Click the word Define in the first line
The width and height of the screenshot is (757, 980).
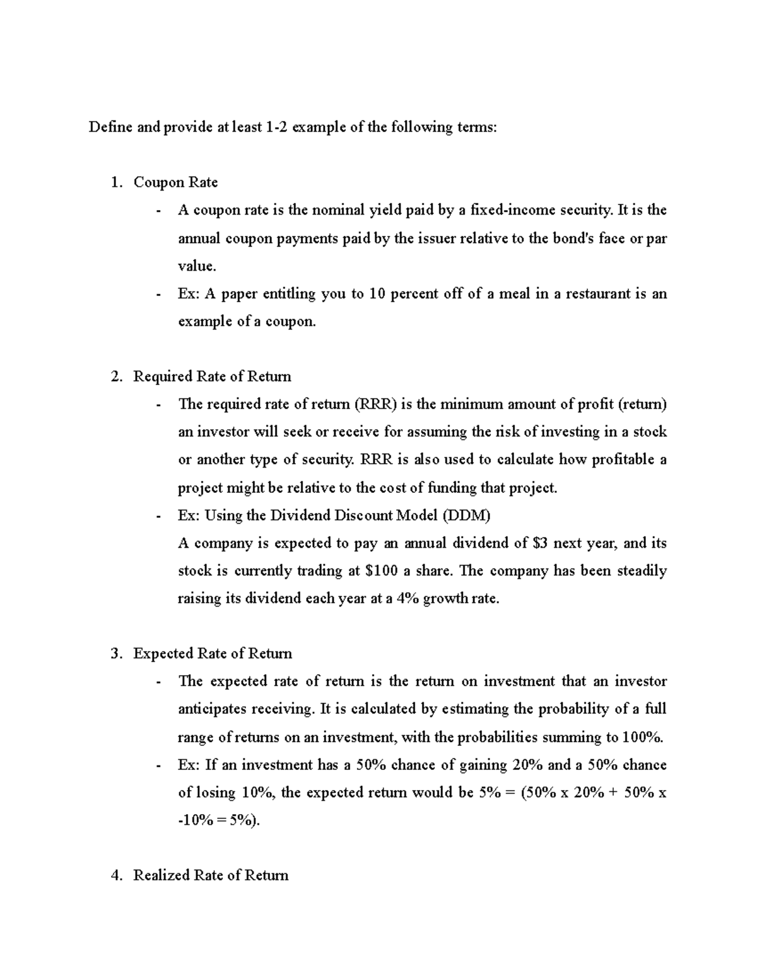pos(110,127)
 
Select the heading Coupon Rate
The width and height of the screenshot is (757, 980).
pos(175,182)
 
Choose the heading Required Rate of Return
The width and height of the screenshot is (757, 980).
pos(212,377)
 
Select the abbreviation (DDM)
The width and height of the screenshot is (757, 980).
pos(466,516)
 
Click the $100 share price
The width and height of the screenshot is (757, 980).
pos(382,571)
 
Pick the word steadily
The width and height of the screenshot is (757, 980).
pos(642,571)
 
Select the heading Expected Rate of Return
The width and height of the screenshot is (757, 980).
pos(212,654)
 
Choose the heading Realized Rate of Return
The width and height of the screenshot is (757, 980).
pos(211,875)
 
